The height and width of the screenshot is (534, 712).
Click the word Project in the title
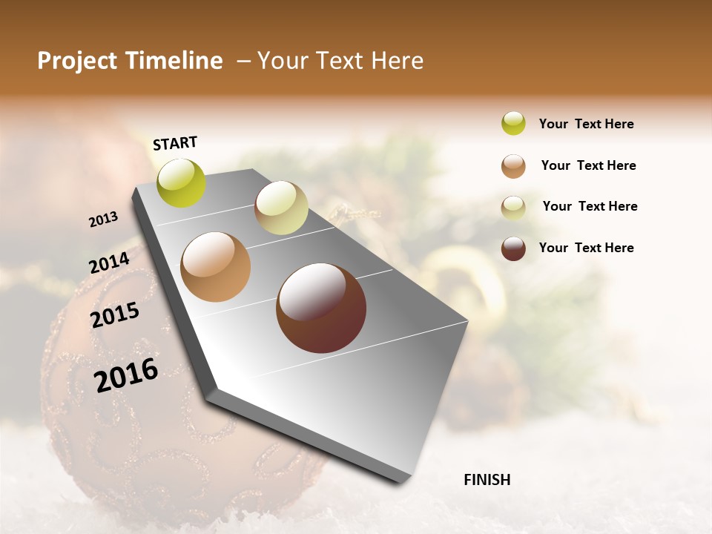76,62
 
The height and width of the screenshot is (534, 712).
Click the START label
175,143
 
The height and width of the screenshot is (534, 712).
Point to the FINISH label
487,480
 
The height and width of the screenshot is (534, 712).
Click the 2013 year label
104,220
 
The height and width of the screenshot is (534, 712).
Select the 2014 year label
110,263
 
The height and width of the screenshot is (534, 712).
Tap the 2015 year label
115,315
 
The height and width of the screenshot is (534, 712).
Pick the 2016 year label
126,375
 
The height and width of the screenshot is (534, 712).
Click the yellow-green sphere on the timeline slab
182,182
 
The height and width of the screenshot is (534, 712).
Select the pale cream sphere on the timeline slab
281,208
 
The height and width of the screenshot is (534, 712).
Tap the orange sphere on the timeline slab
216,267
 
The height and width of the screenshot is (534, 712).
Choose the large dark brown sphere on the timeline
321,308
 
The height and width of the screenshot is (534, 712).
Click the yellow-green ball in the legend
513,124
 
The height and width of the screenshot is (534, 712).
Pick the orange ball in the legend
513,166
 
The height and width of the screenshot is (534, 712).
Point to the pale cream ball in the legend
513,207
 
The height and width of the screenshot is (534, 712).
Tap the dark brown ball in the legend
513,248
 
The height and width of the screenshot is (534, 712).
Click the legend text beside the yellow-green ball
587,125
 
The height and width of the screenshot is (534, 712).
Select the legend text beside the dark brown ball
587,248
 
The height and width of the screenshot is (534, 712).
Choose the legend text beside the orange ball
589,165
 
